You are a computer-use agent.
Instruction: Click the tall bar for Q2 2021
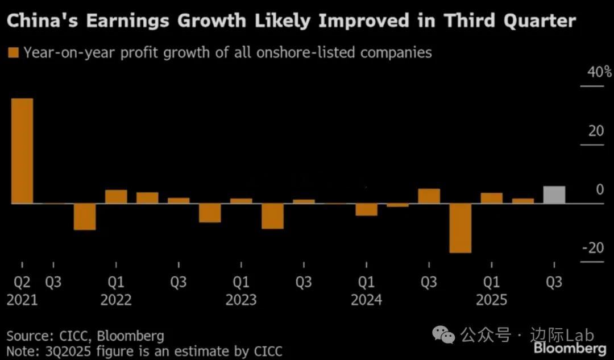click(22, 151)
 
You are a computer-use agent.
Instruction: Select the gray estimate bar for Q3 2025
click(554, 195)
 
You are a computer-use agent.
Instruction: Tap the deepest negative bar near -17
click(460, 227)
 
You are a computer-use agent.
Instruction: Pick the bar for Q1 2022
click(116, 196)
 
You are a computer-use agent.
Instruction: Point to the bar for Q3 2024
click(429, 196)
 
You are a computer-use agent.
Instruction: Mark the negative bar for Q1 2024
click(367, 209)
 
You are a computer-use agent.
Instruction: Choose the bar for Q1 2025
click(492, 198)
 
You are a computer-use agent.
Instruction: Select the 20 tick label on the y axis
click(596, 131)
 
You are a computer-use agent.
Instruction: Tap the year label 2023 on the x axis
click(241, 300)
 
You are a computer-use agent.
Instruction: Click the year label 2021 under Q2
click(22, 300)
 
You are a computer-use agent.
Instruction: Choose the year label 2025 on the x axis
click(491, 300)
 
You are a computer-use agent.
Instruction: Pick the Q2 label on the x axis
click(22, 282)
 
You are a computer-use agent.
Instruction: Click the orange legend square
click(13, 53)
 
